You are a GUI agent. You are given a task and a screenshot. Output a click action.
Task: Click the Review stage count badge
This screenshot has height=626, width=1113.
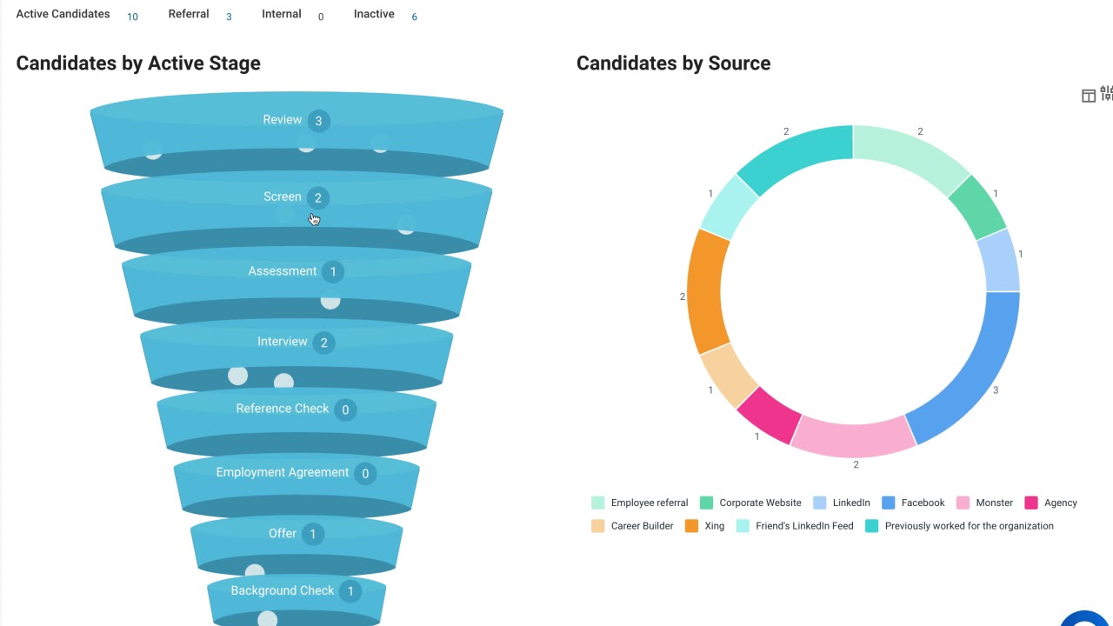click(x=318, y=121)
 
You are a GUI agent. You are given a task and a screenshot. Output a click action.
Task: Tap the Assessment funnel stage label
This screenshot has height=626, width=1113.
click(x=282, y=271)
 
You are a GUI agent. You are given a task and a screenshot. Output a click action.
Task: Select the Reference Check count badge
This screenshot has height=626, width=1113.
click(x=345, y=410)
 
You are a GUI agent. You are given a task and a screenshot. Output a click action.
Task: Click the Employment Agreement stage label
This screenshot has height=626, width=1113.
click(x=282, y=472)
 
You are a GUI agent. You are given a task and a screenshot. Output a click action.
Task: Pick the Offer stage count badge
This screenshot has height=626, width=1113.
click(x=313, y=534)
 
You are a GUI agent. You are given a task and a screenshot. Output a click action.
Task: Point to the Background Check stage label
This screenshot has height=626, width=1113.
click(x=282, y=590)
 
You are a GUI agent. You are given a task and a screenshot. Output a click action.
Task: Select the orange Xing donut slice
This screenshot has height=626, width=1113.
click(x=706, y=291)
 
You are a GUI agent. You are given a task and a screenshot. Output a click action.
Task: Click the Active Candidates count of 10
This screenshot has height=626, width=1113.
click(x=132, y=17)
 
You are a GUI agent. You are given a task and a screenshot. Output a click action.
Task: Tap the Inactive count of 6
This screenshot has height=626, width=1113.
click(x=414, y=17)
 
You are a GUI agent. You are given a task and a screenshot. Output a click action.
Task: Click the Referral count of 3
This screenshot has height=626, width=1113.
click(x=229, y=17)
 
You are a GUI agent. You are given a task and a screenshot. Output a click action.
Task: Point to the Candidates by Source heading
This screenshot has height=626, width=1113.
click(x=673, y=63)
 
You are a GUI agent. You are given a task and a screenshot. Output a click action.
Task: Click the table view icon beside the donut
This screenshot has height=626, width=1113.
click(x=1088, y=96)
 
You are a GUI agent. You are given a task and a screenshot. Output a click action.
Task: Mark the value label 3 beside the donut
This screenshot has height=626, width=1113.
click(x=996, y=390)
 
